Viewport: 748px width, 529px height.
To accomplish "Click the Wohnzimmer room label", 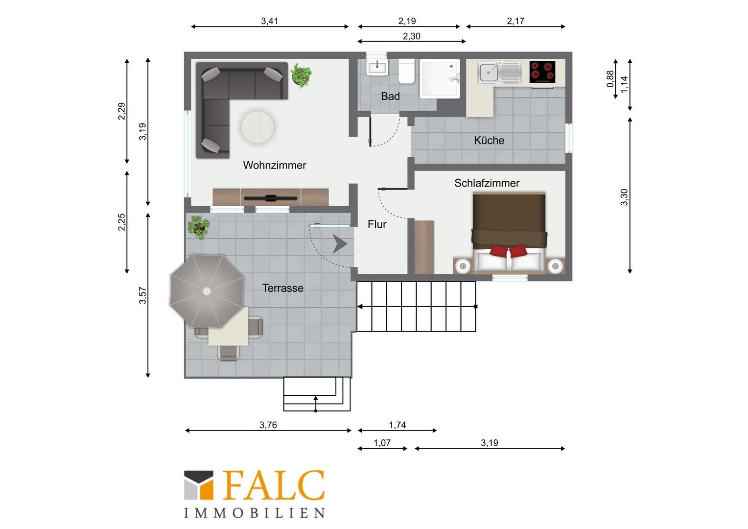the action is (275, 165).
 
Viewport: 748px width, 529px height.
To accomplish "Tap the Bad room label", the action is (390, 96).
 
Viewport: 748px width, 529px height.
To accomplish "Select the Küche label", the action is (489, 140).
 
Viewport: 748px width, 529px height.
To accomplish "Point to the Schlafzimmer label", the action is (487, 183).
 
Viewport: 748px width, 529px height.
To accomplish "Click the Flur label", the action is (377, 224).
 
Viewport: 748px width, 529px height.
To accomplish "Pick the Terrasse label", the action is (283, 288).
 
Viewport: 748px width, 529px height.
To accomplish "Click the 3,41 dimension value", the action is (269, 21).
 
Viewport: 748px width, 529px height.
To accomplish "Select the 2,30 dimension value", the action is (411, 36).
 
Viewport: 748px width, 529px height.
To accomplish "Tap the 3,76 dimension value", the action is (268, 425).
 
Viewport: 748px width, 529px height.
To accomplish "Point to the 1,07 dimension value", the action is (382, 443).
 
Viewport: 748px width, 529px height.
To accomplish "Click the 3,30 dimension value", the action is (624, 197).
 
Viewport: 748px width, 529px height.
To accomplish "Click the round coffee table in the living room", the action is (257, 127).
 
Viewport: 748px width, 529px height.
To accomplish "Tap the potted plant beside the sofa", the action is (301, 75).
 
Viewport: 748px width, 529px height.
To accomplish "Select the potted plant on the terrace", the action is (199, 227).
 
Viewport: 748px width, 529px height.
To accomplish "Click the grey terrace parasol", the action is (207, 291).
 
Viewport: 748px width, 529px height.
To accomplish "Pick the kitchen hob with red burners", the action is (542, 72).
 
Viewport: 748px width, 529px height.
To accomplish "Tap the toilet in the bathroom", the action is (406, 71).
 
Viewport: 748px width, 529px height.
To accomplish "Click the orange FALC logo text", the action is (274, 485).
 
